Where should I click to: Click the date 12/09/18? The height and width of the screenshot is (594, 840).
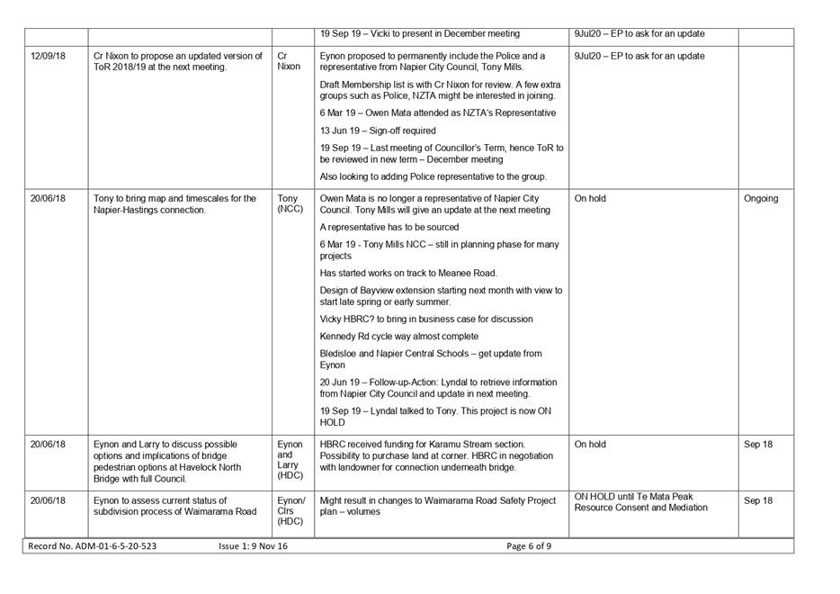pyautogui.click(x=48, y=56)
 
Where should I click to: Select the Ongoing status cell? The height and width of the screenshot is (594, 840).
pyautogui.click(x=760, y=199)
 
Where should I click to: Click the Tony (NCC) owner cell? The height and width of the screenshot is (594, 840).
pyautogui.click(x=290, y=204)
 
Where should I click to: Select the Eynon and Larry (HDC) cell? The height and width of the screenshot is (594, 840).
pyautogui.click(x=290, y=462)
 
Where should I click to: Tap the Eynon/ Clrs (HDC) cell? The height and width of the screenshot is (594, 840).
pyautogui.click(x=291, y=511)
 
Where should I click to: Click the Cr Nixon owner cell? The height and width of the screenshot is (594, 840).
pyautogui.click(x=289, y=61)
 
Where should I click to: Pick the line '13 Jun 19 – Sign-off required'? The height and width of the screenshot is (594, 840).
pyautogui.click(x=378, y=130)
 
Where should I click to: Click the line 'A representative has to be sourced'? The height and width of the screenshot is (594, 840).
pyautogui.click(x=389, y=228)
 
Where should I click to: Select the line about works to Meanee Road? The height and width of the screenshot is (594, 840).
pyautogui.click(x=407, y=273)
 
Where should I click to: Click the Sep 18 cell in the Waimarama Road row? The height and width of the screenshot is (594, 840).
pyautogui.click(x=757, y=500)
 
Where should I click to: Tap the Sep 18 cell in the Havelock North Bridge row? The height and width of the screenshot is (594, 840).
pyautogui.click(x=757, y=445)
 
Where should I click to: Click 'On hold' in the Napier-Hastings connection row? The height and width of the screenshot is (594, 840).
pyautogui.click(x=590, y=199)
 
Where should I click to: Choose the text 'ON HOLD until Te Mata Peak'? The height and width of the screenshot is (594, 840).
pyautogui.click(x=633, y=496)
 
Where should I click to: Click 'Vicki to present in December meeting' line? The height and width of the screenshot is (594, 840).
pyautogui.click(x=419, y=34)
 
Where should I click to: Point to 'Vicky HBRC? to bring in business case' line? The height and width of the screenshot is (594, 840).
pyautogui.click(x=425, y=319)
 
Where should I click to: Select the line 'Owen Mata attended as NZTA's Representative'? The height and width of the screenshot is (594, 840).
pyautogui.click(x=437, y=112)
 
